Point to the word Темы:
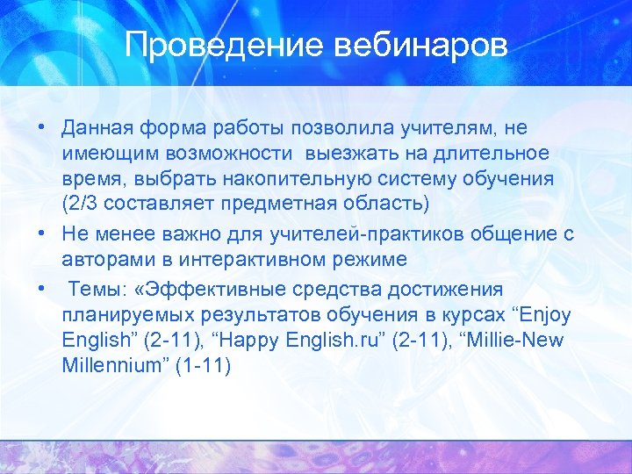(97, 289)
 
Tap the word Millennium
(112, 365)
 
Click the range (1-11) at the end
(203, 365)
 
